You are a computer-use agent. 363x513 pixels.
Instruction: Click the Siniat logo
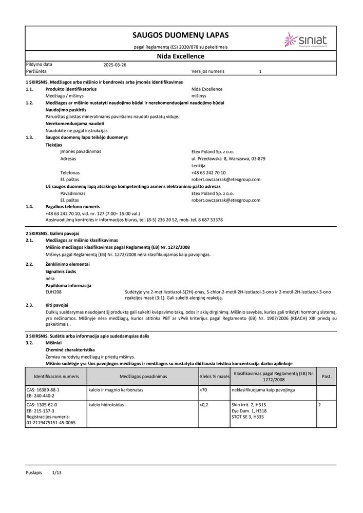click(x=305, y=40)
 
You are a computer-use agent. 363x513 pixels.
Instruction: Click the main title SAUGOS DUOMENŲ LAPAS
click(x=180, y=35)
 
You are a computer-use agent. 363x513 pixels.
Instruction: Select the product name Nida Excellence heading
click(x=180, y=56)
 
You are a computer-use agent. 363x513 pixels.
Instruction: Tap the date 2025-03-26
click(x=114, y=65)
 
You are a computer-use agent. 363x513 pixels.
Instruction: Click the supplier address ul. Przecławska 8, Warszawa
click(x=228, y=159)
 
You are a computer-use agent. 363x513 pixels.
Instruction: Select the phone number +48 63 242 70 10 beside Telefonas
click(x=208, y=173)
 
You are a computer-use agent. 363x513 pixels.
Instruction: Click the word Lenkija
click(x=198, y=166)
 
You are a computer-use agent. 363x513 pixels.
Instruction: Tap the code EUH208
click(x=53, y=292)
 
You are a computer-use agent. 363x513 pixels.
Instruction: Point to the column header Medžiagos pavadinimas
click(x=143, y=376)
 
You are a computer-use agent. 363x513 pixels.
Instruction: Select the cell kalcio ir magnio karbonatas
click(x=116, y=390)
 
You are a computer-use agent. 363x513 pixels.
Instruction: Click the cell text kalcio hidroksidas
click(x=106, y=405)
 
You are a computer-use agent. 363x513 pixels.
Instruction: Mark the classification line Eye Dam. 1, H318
click(x=249, y=411)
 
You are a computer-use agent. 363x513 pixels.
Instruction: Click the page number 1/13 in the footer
click(x=56, y=471)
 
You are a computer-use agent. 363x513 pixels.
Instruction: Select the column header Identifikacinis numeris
click(x=56, y=376)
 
